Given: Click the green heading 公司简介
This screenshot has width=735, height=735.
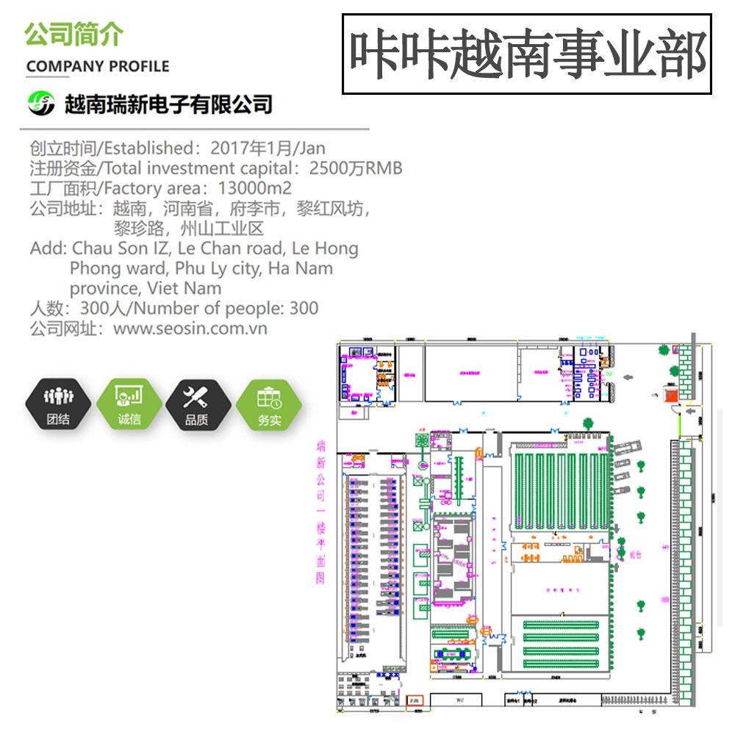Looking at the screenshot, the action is tap(74, 34).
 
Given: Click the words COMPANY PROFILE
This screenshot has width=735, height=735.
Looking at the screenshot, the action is tap(98, 67).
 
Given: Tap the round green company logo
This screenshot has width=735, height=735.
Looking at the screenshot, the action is tap(41, 104).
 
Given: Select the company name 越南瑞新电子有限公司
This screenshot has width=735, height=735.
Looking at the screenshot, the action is tap(168, 104).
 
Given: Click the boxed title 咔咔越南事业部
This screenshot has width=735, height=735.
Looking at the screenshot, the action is tap(527, 54).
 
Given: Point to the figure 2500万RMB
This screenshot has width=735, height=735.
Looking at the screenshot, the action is tap(356, 168).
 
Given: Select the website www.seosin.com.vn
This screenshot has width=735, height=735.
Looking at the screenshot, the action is tap(190, 329).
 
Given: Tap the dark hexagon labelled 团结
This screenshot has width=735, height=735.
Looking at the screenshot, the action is tap(59, 405).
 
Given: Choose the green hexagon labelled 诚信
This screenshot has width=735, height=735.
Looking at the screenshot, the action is tap(129, 405).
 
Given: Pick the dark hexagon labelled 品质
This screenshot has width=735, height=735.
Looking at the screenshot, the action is tap(197, 405).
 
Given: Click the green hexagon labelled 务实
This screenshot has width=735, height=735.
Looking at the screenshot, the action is tap(269, 405).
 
